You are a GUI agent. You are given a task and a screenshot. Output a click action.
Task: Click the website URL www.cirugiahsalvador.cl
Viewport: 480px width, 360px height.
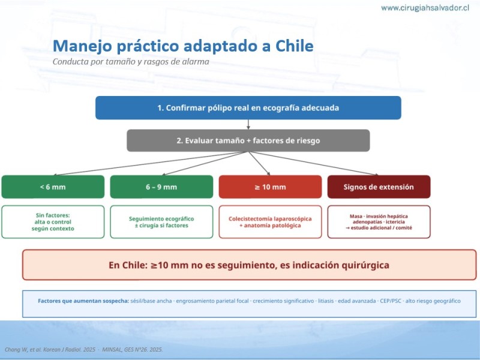(x=425, y=8)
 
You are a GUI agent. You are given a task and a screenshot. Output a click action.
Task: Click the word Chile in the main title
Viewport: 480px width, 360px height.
(x=294, y=46)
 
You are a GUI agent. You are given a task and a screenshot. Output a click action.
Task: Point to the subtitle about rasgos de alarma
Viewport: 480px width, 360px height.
(x=131, y=62)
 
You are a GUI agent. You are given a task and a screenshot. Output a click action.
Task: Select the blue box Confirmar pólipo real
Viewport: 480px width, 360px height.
(x=248, y=108)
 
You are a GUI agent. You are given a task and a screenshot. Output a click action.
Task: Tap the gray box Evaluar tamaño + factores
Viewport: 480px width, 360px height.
(x=248, y=140)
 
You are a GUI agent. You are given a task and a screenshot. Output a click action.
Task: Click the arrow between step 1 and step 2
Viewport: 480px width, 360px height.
(x=248, y=124)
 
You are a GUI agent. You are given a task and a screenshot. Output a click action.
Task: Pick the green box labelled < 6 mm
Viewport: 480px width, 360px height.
(x=53, y=187)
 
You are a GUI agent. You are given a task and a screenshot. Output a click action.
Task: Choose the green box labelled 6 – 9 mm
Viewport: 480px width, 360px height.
(x=161, y=187)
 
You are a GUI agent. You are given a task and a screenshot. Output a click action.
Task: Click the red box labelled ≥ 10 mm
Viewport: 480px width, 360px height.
(x=271, y=187)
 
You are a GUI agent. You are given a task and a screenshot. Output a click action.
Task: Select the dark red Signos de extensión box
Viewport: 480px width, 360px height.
(x=379, y=187)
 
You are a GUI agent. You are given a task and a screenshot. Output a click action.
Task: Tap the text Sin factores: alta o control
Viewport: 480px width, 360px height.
(x=53, y=218)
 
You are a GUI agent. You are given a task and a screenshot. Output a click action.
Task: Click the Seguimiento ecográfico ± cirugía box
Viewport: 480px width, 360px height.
(x=161, y=222)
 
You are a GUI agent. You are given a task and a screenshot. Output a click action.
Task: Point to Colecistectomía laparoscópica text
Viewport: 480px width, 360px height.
(x=270, y=219)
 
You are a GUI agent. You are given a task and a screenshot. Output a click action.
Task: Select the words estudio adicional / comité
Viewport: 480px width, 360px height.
(x=382, y=228)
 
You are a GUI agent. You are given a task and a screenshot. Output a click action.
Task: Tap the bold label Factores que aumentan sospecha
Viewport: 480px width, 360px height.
(x=83, y=301)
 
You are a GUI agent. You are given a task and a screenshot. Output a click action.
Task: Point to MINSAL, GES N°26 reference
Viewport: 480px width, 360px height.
(x=132, y=350)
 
